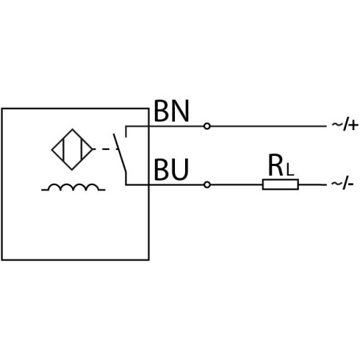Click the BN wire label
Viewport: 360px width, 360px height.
click(x=172, y=111)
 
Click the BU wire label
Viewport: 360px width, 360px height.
click(x=171, y=170)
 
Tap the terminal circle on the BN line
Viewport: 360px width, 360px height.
click(x=207, y=126)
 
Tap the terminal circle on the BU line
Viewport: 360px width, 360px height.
click(x=207, y=184)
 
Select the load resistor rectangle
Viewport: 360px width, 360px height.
click(x=281, y=184)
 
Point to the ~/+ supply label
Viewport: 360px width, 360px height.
click(x=345, y=126)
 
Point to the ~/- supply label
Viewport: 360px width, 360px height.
click(x=342, y=184)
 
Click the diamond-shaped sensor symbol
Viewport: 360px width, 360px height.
click(x=72, y=129)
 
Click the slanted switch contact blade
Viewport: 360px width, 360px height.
click(x=120, y=153)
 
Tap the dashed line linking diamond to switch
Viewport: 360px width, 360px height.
click(x=105, y=149)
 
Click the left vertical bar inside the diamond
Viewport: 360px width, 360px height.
click(x=63, y=149)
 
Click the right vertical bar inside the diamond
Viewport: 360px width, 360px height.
click(x=81, y=149)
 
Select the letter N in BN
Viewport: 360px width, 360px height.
click(x=181, y=111)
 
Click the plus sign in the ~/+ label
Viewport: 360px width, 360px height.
click(x=353, y=126)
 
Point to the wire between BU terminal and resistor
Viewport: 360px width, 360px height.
click(x=237, y=184)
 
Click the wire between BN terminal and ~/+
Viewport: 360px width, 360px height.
click(x=268, y=126)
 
